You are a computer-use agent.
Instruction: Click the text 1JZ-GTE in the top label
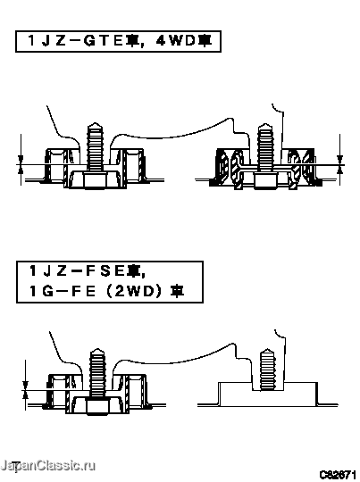(75, 41)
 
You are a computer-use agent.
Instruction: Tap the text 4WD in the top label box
(177, 41)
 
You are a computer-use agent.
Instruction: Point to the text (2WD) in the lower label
(133, 291)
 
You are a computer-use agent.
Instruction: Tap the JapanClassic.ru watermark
(47, 466)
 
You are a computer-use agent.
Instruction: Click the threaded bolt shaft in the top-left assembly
(95, 148)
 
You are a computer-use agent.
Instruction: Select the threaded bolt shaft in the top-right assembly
(265, 148)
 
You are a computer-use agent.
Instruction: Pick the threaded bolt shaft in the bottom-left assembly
(97, 373)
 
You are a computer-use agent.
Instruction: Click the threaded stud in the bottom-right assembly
(267, 370)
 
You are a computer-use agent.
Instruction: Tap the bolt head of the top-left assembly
(95, 179)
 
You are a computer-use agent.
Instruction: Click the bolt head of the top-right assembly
(265, 179)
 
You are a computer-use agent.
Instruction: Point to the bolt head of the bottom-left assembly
(97, 405)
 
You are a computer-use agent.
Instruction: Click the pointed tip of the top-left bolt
(95, 123)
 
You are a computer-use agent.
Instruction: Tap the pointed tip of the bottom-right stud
(267, 349)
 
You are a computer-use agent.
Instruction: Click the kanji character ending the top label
(205, 40)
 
